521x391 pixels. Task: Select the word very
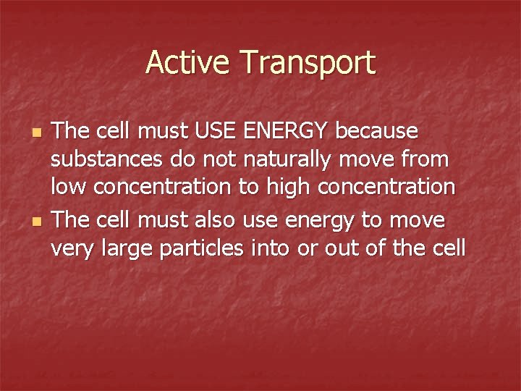click(x=72, y=248)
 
